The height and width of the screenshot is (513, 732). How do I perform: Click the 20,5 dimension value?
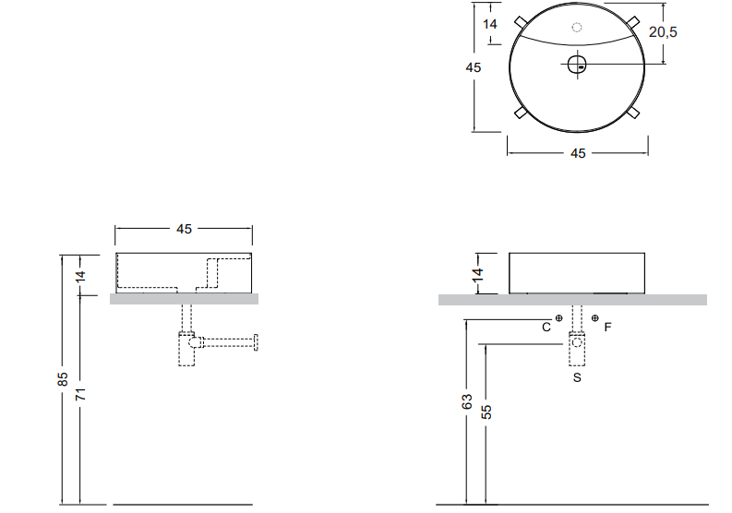[x=663, y=31]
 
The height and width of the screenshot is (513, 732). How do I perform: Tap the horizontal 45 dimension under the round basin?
[x=578, y=153]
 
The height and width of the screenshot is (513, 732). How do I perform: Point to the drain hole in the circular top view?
[x=577, y=64]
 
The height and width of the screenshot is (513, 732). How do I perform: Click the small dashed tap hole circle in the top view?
[x=577, y=28]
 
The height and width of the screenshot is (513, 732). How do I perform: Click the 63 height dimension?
[x=468, y=402]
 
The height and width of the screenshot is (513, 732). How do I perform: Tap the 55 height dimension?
[x=487, y=411]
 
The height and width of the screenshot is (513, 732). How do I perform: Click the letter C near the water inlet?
[x=546, y=327]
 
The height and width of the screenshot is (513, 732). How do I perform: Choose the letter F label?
[x=607, y=327]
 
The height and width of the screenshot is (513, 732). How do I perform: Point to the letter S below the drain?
[x=577, y=378]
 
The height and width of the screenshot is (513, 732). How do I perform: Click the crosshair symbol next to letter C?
[x=559, y=317]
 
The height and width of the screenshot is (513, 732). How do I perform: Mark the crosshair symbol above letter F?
[x=594, y=317]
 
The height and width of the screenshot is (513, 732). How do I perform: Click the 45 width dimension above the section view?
[x=184, y=228]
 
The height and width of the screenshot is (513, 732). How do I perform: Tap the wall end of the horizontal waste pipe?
[x=258, y=342]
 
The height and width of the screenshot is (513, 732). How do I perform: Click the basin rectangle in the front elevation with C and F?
[x=577, y=272]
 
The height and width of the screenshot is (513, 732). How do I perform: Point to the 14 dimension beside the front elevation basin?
[x=478, y=274]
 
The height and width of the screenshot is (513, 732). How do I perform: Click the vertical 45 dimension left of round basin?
[x=474, y=67]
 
